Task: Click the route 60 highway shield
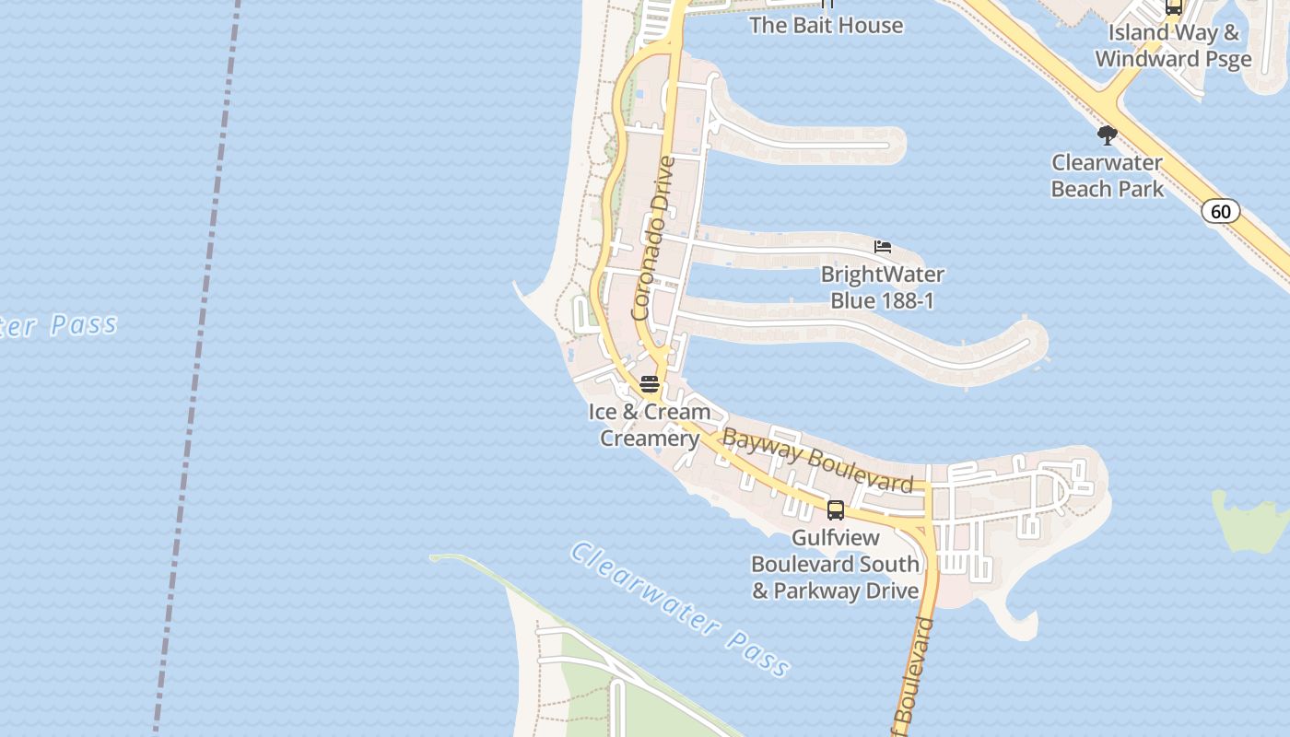pyautogui.click(x=1220, y=212)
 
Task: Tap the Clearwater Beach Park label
pyautogui.click(x=1107, y=176)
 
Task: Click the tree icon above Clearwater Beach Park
pyautogui.click(x=1107, y=136)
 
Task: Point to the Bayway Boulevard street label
pyautogui.click(x=817, y=460)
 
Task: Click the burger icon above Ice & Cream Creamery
pyautogui.click(x=650, y=384)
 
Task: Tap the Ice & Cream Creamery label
pyautogui.click(x=650, y=425)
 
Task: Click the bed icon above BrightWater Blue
pyautogui.click(x=883, y=247)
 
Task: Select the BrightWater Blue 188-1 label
pyautogui.click(x=883, y=287)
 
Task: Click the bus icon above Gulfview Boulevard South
pyautogui.click(x=836, y=509)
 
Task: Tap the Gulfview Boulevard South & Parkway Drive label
pyautogui.click(x=836, y=564)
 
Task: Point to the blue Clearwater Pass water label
pyautogui.click(x=680, y=609)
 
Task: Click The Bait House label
pyautogui.click(x=826, y=26)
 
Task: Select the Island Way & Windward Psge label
pyautogui.click(x=1173, y=46)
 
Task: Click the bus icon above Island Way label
pyautogui.click(x=1173, y=7)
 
